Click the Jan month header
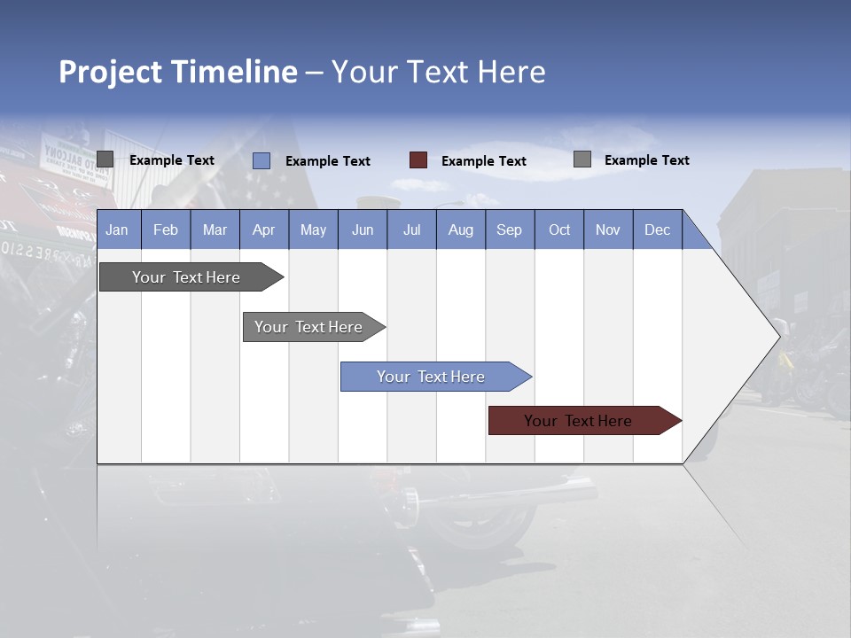(x=117, y=230)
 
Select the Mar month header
(x=215, y=230)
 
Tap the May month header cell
(x=313, y=230)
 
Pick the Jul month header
(x=411, y=230)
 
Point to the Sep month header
(x=509, y=230)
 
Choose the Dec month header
(x=657, y=230)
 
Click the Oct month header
(x=559, y=230)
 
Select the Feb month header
(x=166, y=230)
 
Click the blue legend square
(x=262, y=160)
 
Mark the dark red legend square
(x=418, y=160)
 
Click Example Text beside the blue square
(x=328, y=161)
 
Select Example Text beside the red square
(x=484, y=161)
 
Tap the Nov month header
(x=608, y=230)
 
